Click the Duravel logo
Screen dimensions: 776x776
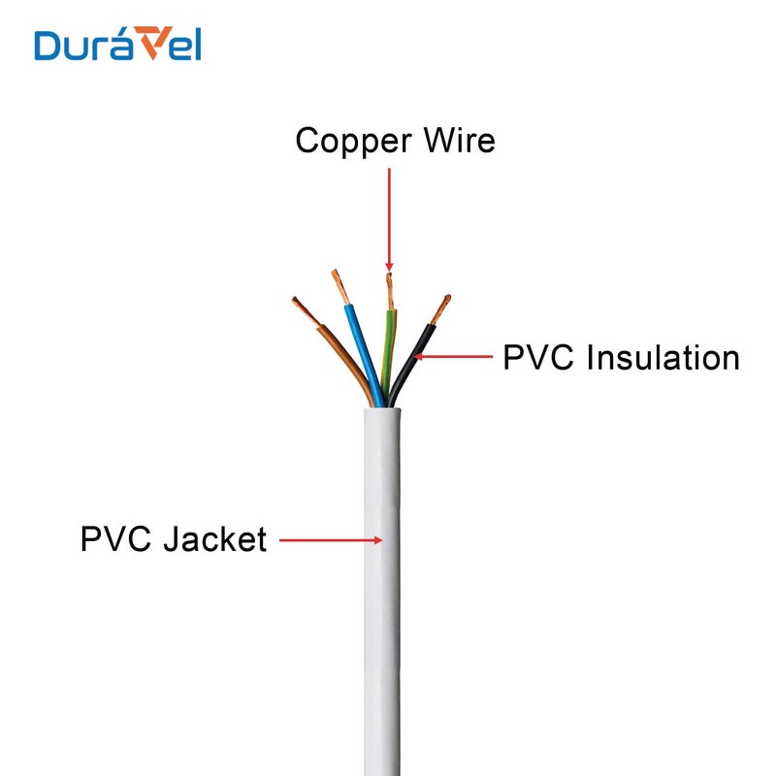(117, 45)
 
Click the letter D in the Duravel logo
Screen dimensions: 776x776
(48, 45)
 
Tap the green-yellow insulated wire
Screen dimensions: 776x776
(389, 344)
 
